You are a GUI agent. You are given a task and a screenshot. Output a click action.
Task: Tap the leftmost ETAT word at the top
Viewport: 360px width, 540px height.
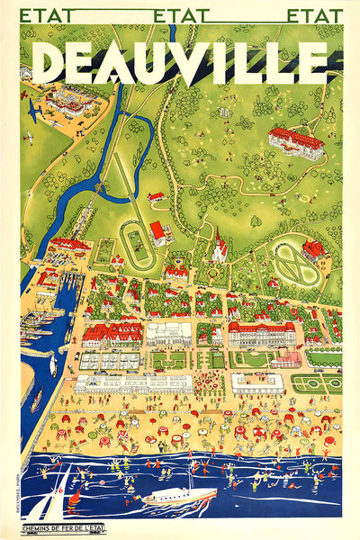click(46, 16)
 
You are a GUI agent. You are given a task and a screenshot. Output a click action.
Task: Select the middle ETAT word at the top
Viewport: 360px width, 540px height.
click(181, 16)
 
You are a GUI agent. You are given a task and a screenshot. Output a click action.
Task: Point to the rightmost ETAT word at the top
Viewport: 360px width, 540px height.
click(315, 16)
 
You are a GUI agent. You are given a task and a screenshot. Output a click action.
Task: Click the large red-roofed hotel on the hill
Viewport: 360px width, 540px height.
click(295, 141)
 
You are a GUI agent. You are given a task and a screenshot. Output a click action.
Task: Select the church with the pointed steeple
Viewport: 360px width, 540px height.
click(219, 245)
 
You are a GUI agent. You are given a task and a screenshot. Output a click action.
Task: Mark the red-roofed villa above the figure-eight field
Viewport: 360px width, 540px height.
click(314, 247)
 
